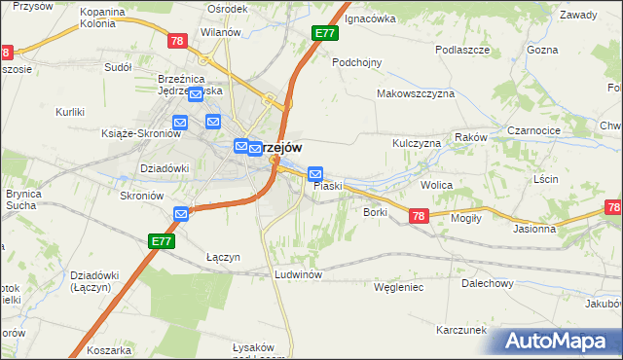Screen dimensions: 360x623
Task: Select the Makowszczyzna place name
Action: (x=416, y=94)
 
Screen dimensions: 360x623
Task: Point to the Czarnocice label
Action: (x=535, y=129)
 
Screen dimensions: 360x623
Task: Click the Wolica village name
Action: (x=438, y=183)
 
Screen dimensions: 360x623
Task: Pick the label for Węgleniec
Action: (x=398, y=287)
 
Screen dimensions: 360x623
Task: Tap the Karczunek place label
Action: (x=461, y=330)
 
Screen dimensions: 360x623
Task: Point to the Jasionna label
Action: (x=534, y=230)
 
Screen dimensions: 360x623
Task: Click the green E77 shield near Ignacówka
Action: (x=325, y=33)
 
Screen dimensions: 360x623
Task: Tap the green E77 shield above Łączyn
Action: (x=162, y=238)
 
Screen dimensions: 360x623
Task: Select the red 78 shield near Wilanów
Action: (x=176, y=41)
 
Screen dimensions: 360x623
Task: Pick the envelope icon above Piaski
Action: (x=315, y=175)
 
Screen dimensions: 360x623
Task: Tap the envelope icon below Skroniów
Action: (x=181, y=214)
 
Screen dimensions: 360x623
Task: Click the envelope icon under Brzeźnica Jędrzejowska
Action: (x=195, y=94)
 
